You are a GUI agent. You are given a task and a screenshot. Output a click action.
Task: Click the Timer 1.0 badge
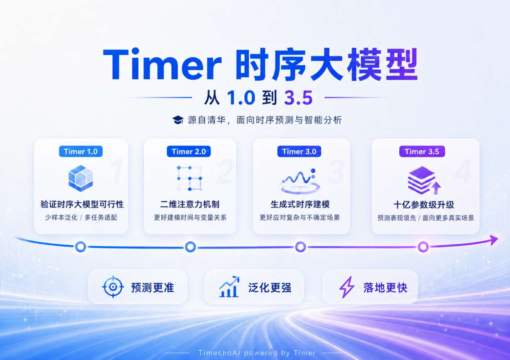coord(81,151)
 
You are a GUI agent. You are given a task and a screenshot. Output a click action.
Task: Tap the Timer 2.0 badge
coord(189,151)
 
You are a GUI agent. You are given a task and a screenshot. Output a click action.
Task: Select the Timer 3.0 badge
coord(299,151)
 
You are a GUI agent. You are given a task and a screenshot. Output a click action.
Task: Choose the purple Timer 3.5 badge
coord(422,151)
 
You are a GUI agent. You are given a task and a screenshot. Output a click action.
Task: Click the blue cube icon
coord(80,178)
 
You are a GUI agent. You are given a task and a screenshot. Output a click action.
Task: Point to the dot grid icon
coord(189,178)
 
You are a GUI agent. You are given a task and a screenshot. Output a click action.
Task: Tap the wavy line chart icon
coord(300,181)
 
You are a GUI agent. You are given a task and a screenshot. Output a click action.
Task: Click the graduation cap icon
coord(178,120)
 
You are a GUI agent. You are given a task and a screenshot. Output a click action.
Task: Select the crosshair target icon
coord(113,287)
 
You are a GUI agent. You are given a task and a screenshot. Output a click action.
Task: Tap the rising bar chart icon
coord(229,287)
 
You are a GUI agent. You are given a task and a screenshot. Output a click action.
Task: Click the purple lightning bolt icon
coord(347,287)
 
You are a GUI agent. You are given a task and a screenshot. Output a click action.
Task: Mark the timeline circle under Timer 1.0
coord(80,247)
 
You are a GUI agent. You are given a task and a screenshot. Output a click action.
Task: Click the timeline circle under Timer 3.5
coord(423,247)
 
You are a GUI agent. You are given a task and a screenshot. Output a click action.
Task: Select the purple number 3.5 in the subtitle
coord(298,98)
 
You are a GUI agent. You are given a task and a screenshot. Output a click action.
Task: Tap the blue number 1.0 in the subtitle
coord(241,98)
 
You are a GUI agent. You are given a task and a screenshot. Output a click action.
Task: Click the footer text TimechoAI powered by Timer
coord(257,353)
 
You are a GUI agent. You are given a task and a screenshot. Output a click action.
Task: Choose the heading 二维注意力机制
coord(190,204)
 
